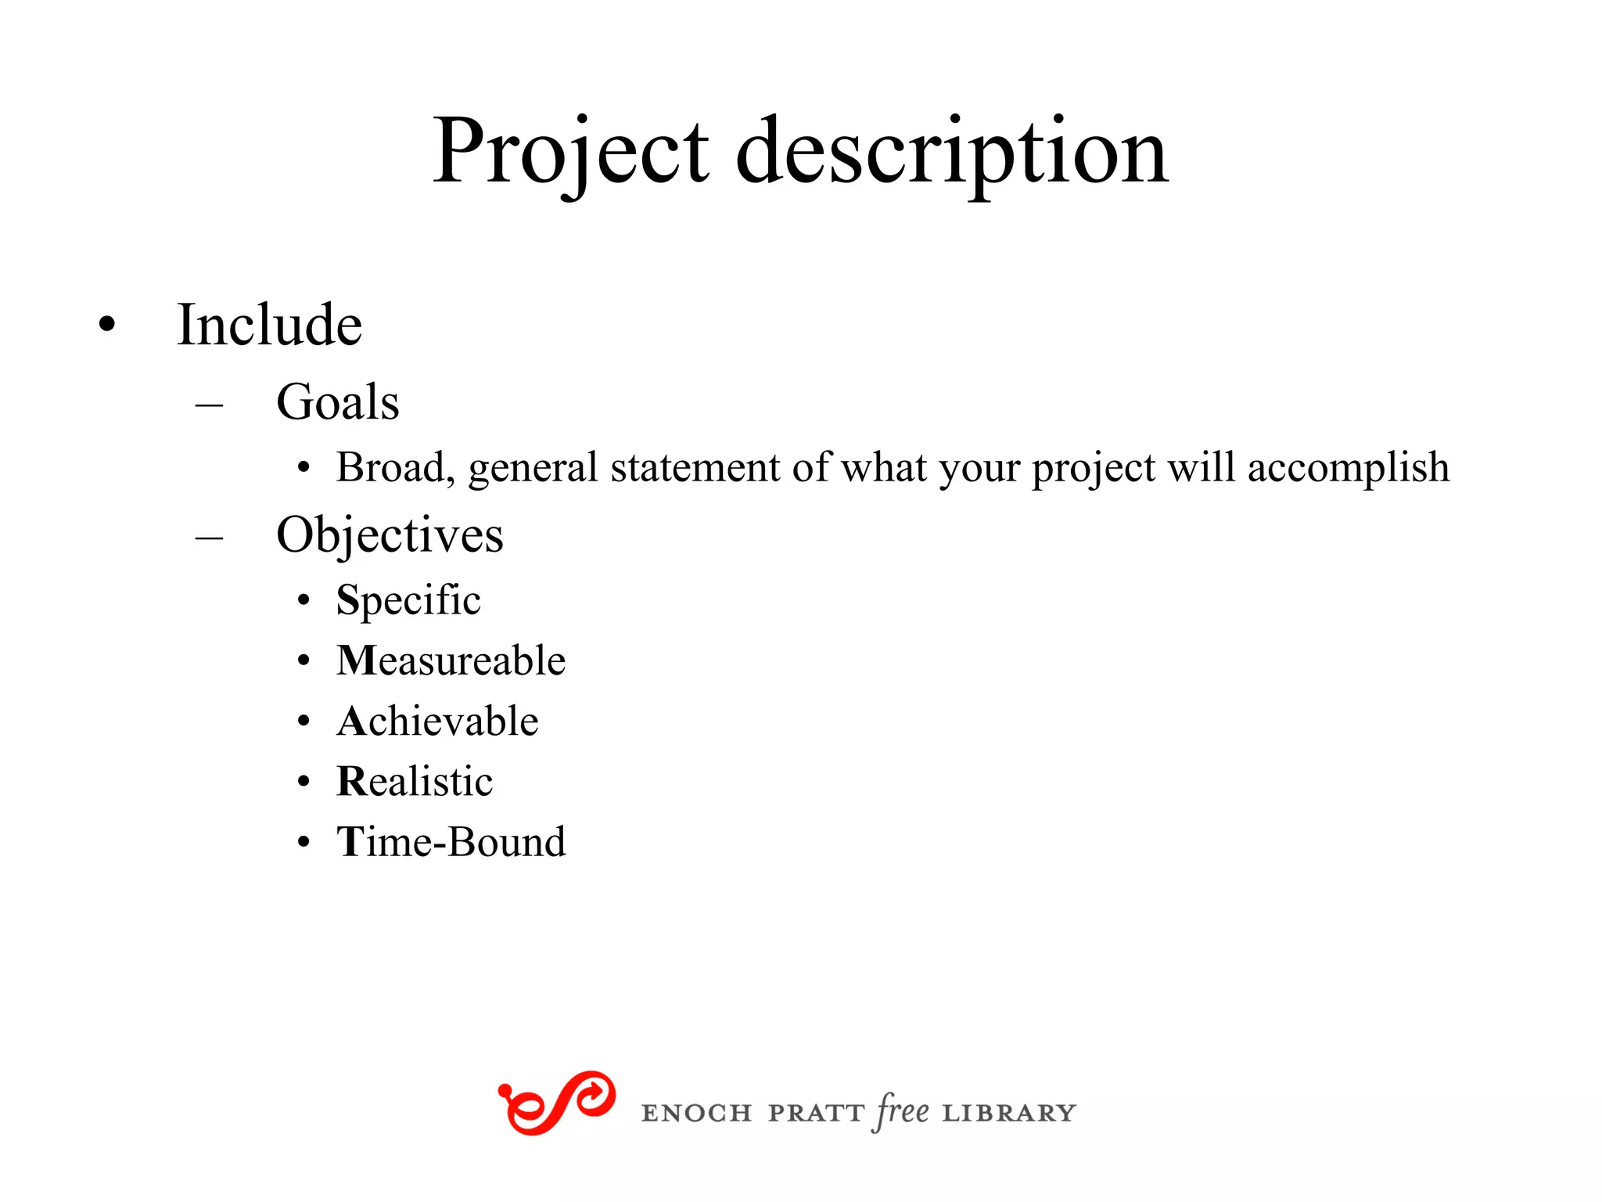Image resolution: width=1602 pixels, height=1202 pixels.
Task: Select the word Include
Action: tap(269, 325)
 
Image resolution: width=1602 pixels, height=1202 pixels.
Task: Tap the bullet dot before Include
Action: tap(107, 325)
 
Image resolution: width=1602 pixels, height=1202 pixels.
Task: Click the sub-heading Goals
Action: tap(338, 402)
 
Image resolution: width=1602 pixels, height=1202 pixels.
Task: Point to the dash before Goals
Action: tap(209, 405)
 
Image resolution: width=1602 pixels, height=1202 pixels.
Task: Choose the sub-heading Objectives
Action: tap(390, 536)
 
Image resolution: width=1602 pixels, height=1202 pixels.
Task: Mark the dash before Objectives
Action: tap(209, 538)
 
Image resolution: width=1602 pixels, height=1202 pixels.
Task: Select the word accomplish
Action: tap(1348, 468)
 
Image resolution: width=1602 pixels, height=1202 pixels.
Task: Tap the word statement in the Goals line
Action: tap(695, 468)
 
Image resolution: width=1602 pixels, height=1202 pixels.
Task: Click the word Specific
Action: tap(408, 601)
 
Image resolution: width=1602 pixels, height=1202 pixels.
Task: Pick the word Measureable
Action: tap(451, 660)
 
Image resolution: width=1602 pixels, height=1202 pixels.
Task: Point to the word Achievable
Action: tap(437, 721)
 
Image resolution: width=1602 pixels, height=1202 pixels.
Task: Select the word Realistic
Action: tap(415, 781)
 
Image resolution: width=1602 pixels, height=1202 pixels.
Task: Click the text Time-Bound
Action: tap(451, 842)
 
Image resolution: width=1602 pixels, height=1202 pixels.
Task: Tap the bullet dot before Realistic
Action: tap(304, 782)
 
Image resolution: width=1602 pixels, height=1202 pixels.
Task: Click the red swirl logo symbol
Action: tap(557, 1103)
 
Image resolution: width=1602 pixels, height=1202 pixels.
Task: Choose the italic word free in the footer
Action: tap(903, 1111)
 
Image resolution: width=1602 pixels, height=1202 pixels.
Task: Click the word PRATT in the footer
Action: tap(815, 1113)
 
